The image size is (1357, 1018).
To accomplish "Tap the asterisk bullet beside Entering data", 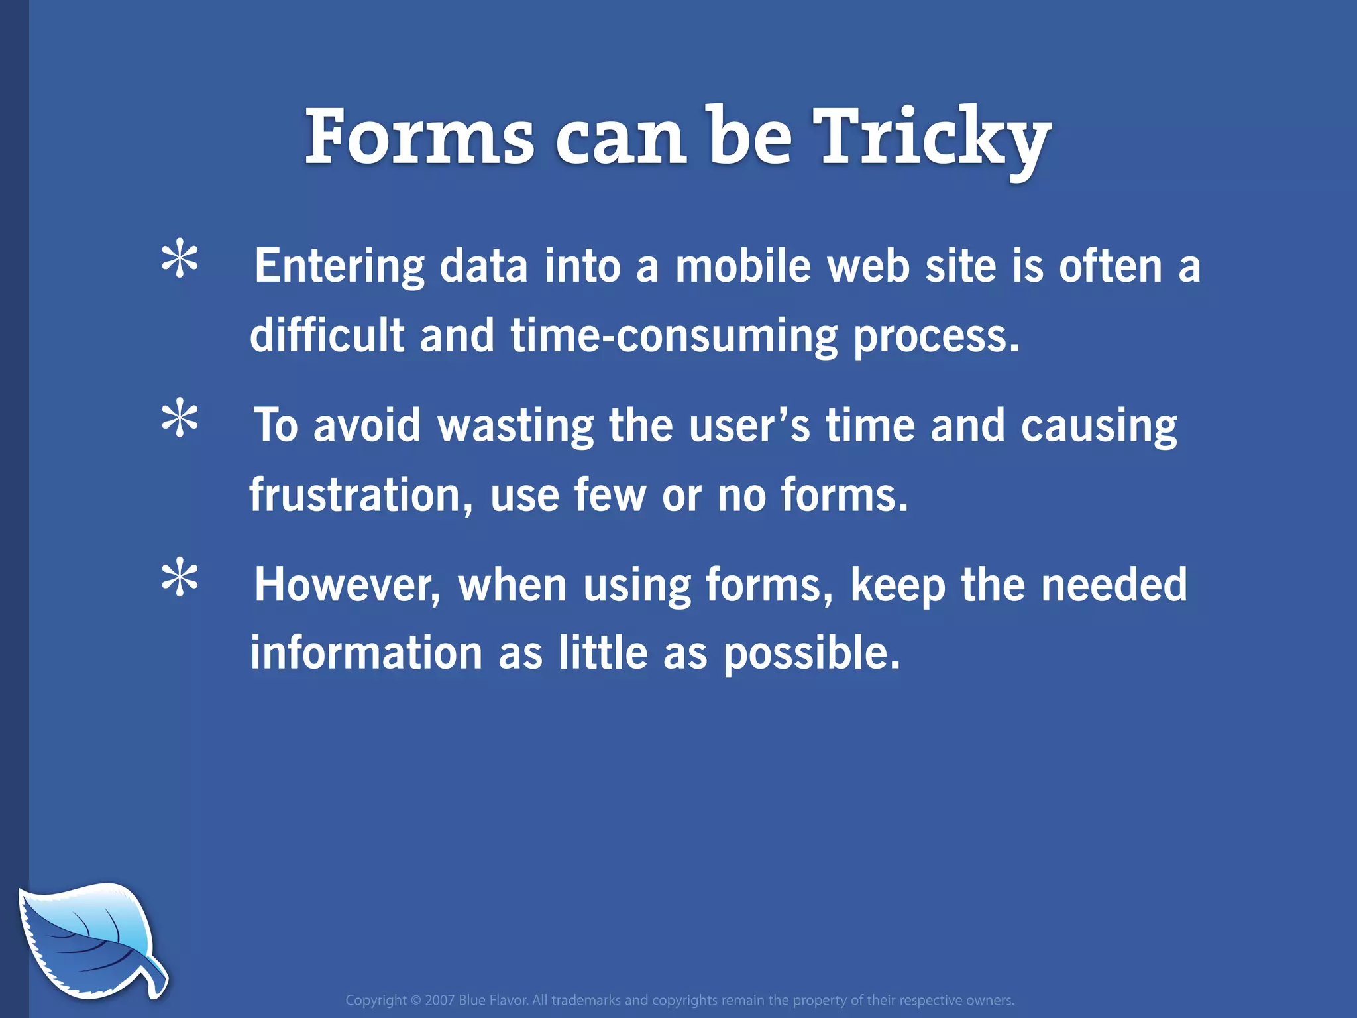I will (180, 261).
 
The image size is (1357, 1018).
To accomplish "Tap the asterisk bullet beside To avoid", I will (180, 420).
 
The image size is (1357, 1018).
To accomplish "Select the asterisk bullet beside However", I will (180, 579).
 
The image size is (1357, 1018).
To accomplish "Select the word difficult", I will (327, 335).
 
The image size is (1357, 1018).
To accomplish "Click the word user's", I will (749, 425).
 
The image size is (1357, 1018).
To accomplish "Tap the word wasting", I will (516, 425).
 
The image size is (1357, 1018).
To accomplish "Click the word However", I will (347, 585).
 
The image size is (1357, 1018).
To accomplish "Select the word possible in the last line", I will (811, 653).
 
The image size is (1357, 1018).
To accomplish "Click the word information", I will (366, 653).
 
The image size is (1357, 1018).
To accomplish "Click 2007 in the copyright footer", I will (440, 1000).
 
